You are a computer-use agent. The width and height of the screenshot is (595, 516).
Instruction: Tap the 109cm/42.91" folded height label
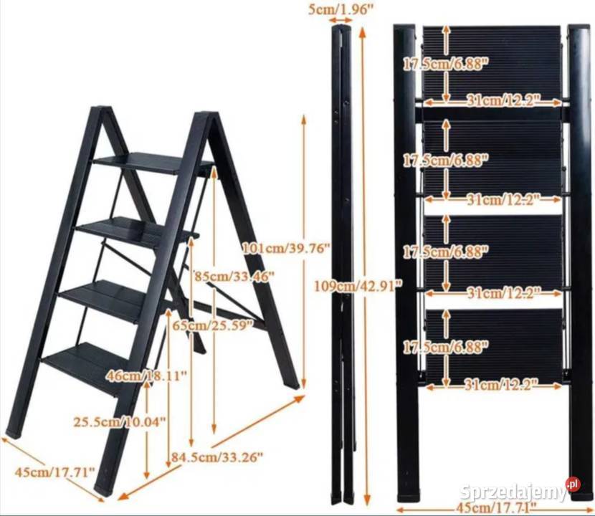(x=358, y=286)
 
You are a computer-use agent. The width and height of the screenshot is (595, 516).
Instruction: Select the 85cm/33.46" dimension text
(x=234, y=276)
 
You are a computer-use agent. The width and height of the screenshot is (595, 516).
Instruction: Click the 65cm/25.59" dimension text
(x=212, y=325)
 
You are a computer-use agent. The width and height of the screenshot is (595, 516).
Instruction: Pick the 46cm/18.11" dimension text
(x=147, y=376)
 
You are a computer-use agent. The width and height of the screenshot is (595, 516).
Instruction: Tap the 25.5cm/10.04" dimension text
(x=120, y=421)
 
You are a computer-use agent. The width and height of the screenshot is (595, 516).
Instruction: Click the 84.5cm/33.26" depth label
(x=216, y=457)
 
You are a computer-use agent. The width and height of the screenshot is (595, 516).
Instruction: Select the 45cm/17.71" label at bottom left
(x=54, y=472)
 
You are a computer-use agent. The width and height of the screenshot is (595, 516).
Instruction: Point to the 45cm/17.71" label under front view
(x=496, y=506)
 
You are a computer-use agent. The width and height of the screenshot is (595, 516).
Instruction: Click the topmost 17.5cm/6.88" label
(x=445, y=64)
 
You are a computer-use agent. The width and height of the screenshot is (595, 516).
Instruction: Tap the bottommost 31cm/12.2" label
(x=502, y=385)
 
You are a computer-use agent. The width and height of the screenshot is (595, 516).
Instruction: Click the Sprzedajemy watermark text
(x=513, y=492)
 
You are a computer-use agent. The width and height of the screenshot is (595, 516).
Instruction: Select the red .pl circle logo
(x=573, y=484)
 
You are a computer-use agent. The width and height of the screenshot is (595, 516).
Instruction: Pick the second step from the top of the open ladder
(x=138, y=230)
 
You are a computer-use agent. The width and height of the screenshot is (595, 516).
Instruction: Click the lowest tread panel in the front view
(x=494, y=345)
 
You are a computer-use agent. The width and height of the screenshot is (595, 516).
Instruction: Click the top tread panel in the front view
(x=492, y=62)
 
